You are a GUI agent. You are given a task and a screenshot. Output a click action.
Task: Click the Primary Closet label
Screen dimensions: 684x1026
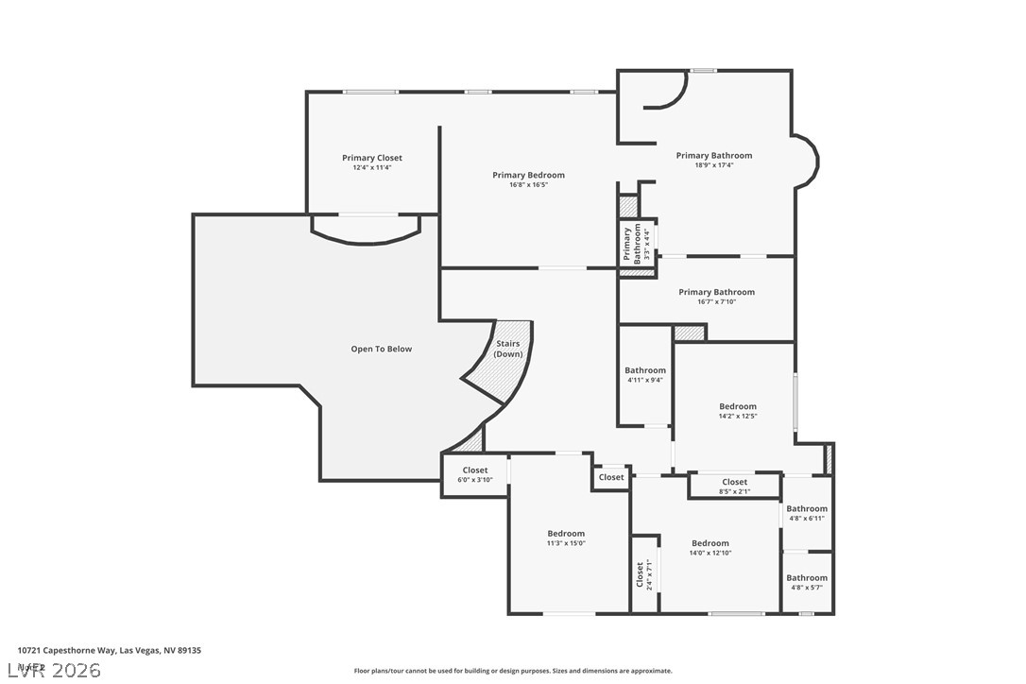371,158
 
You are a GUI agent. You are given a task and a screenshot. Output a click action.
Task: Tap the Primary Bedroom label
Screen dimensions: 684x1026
528,175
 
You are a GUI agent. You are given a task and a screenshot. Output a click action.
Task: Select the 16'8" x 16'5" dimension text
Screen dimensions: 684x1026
528,185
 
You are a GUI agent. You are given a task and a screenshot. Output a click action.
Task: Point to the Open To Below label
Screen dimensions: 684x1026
382,349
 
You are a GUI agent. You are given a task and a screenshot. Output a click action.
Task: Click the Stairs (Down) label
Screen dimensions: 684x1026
508,349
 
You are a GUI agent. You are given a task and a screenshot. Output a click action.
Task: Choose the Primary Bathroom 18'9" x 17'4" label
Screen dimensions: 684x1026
713,156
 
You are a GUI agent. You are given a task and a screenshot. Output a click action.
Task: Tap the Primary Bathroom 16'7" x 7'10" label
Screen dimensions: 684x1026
716,293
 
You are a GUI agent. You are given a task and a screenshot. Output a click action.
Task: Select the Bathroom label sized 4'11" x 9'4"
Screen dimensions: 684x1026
644,370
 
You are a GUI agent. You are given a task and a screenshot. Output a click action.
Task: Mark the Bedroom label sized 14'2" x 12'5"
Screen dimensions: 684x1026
737,406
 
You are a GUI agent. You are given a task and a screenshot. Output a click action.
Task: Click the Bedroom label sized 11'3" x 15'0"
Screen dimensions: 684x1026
566,534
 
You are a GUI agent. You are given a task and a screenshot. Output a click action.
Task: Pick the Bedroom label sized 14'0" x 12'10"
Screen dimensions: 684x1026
710,543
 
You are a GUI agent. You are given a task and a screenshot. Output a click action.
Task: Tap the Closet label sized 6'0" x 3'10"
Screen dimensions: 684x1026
474,470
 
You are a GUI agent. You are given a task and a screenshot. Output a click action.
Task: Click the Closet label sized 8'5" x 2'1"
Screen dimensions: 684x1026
734,482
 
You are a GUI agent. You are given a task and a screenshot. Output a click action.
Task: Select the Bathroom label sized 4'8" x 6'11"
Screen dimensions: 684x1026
807,509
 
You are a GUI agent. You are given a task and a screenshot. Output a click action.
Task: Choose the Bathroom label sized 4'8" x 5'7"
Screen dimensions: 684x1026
807,578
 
